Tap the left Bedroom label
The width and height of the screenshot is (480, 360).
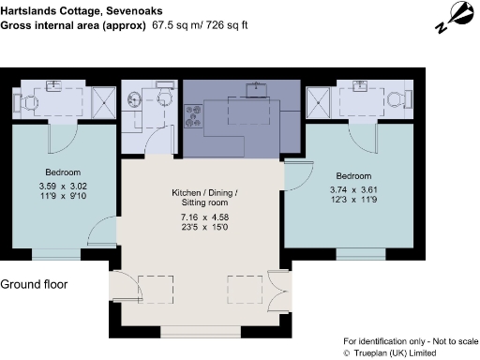click(63, 172)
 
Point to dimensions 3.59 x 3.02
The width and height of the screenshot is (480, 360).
click(63, 187)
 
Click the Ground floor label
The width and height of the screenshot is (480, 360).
click(34, 284)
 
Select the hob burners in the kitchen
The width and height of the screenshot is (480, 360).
click(195, 116)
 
